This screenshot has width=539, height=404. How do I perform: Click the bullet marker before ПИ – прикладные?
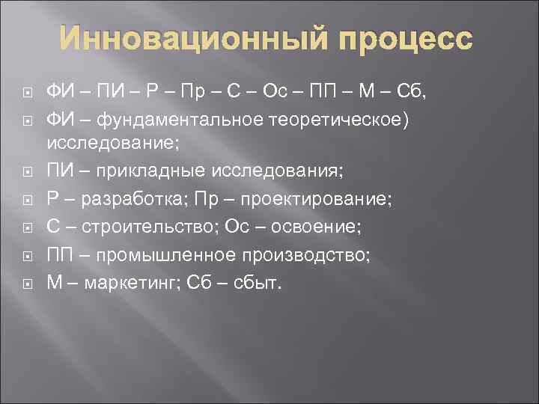pos(28,172)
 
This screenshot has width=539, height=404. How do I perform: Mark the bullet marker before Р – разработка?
pos(28,201)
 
